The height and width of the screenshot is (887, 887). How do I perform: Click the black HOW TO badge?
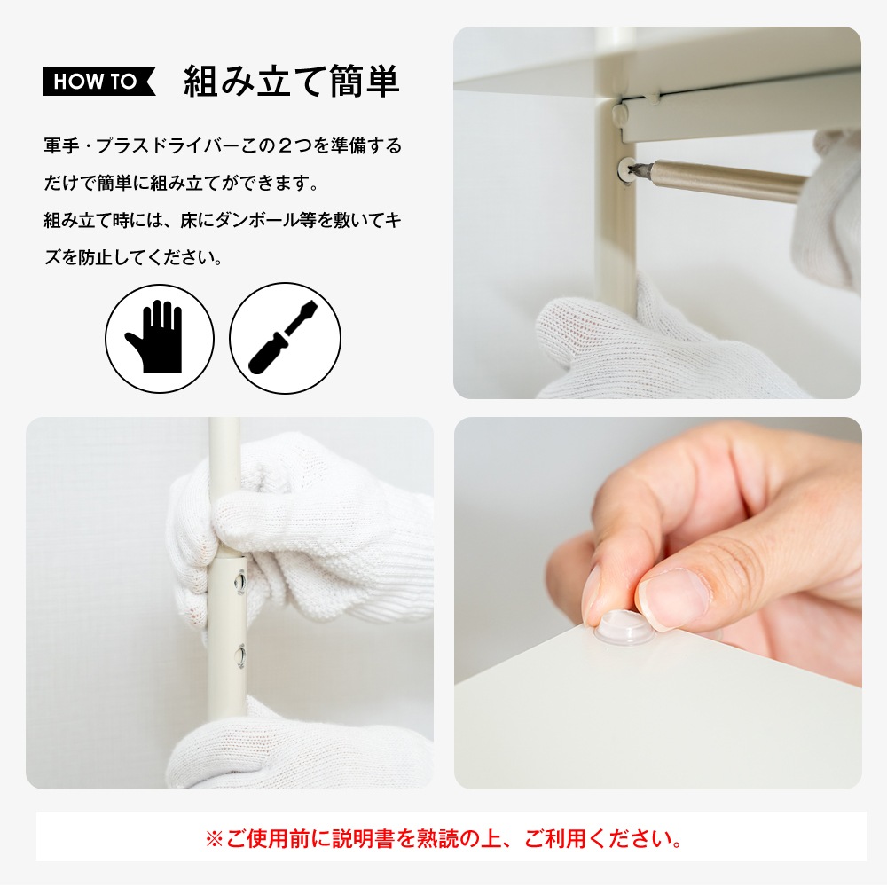pyautogui.click(x=99, y=82)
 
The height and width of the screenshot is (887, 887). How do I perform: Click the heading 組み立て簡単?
pyautogui.click(x=292, y=82)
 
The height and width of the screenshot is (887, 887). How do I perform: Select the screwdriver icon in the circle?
pyautogui.click(x=285, y=338)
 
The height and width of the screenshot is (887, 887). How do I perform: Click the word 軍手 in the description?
pyautogui.click(x=62, y=146)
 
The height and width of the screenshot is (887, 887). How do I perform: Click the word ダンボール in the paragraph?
pyautogui.click(x=257, y=220)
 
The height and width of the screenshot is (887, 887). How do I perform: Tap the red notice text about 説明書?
pyautogui.click(x=443, y=838)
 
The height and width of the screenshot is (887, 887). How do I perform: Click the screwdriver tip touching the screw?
pyautogui.click(x=636, y=169)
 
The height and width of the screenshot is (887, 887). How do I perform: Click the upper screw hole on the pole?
pyautogui.click(x=240, y=582)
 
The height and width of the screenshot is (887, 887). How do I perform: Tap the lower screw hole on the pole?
pyautogui.click(x=240, y=656)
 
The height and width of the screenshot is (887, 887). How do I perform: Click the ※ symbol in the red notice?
pyautogui.click(x=215, y=839)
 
